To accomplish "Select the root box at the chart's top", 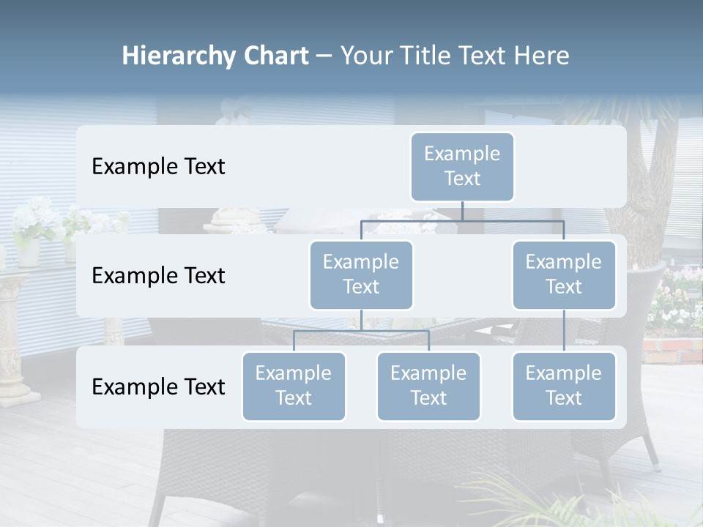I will [462, 166].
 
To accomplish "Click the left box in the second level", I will [361, 274].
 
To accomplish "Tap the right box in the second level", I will [564, 274].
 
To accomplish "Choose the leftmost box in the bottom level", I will [294, 386].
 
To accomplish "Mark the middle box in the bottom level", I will [428, 386].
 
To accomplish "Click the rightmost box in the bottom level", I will [564, 386].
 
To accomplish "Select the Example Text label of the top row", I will [158, 166].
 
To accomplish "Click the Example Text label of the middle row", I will [158, 275].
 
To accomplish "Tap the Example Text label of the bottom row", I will [158, 386].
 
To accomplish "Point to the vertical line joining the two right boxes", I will [564, 331].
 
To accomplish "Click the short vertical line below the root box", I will [462, 211].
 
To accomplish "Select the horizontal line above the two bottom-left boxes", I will [361, 331].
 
